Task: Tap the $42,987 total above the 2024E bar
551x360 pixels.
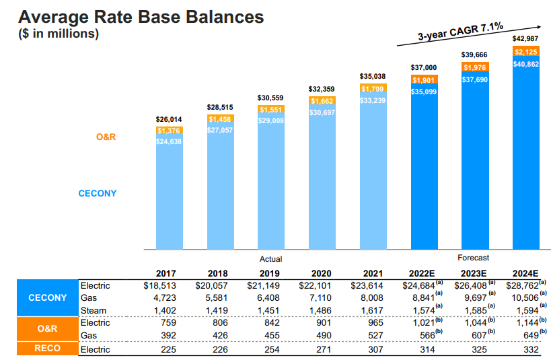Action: click(x=525, y=38)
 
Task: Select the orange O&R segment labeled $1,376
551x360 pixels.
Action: click(x=168, y=130)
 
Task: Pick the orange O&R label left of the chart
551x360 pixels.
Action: click(x=106, y=137)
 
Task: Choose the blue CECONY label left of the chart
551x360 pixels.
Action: click(x=98, y=194)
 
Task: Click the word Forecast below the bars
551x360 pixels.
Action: click(x=473, y=257)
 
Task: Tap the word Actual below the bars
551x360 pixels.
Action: click(x=270, y=258)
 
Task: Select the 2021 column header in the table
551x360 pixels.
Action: click(x=373, y=274)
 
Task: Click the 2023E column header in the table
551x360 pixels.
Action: click(x=474, y=274)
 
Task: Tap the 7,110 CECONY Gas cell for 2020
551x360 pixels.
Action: click(x=321, y=297)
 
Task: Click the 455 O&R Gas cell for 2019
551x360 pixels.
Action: click(x=271, y=335)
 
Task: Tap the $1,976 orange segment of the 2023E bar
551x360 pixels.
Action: click(x=474, y=67)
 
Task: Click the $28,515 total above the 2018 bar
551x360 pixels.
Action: click(x=220, y=107)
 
